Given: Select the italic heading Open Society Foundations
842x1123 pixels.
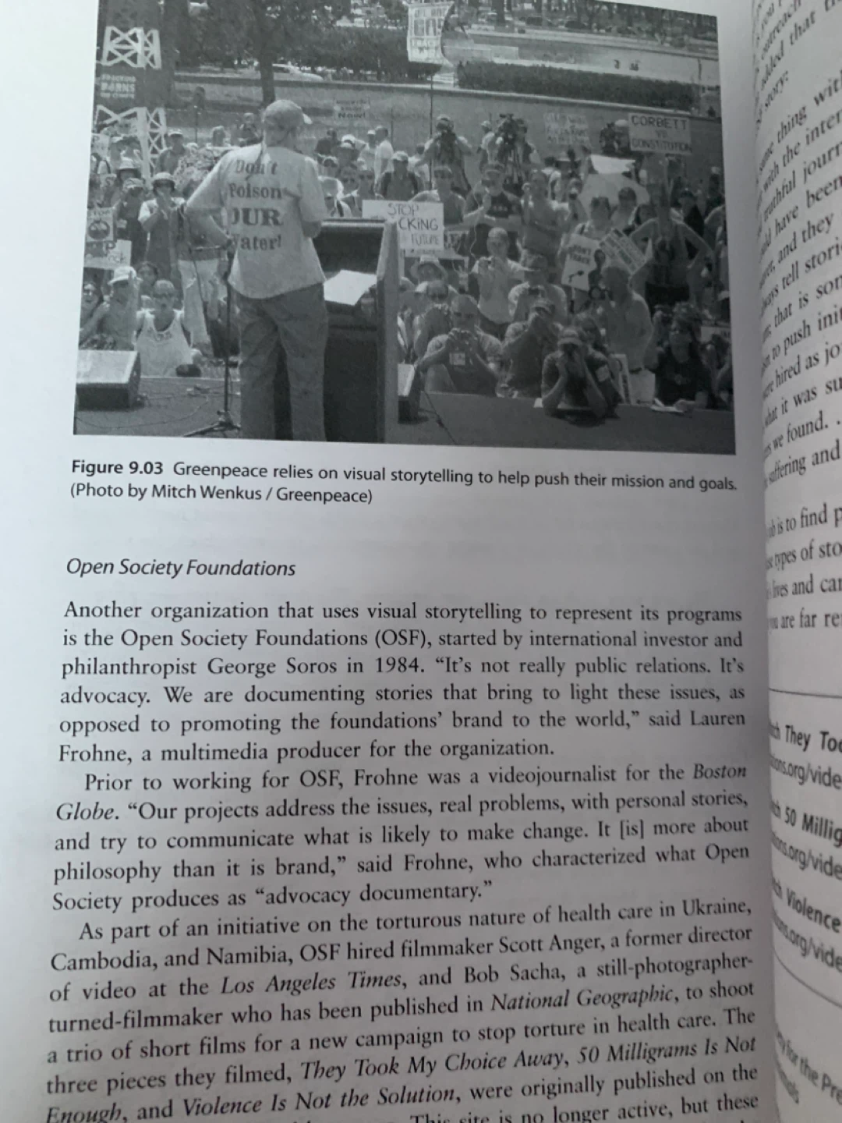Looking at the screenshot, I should coord(181,568).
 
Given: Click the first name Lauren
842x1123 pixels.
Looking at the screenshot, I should coord(717,718).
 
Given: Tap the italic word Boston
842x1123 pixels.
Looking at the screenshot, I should coord(719,772).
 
